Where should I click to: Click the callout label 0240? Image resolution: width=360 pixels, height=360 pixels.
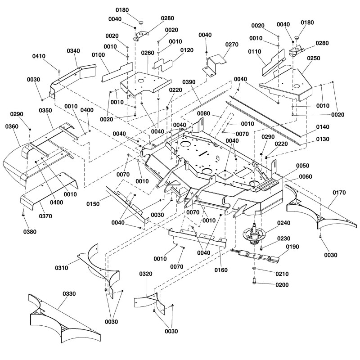point(283,223)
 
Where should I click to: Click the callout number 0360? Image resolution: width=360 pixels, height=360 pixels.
point(12,126)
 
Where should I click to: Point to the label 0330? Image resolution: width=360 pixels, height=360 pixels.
point(69,294)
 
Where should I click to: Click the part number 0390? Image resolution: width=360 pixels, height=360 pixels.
point(189,82)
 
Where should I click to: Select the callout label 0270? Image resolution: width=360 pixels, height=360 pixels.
point(232,45)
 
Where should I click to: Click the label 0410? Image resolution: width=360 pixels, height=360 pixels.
point(39,56)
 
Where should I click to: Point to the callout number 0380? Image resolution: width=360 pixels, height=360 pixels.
point(30,232)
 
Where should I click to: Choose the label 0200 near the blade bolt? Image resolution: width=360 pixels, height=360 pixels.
point(282,285)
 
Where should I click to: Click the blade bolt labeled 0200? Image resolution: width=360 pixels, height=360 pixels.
point(254,281)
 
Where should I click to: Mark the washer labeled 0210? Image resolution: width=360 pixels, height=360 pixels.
point(254,269)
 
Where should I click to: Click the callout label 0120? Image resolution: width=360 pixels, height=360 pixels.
point(187,50)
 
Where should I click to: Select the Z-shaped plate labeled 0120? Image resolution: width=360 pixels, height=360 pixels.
point(163,65)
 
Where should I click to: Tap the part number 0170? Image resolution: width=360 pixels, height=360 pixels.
point(339,193)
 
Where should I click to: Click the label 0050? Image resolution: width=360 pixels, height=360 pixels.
point(302,166)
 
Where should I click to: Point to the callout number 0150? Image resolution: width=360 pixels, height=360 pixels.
point(93,204)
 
